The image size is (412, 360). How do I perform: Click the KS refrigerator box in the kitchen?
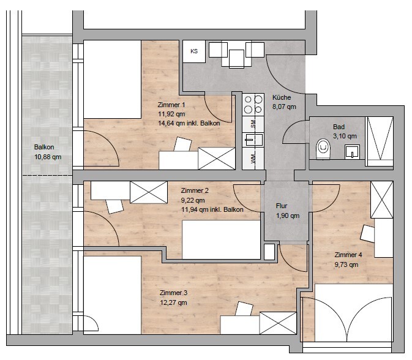(x=194, y=51)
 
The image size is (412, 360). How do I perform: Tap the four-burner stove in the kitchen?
(x=253, y=104)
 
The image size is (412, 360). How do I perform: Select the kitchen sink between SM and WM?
(x=253, y=140)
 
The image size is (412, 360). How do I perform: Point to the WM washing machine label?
(x=253, y=159)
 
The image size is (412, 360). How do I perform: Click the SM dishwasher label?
(x=253, y=124)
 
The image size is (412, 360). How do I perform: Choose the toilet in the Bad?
(x=323, y=149)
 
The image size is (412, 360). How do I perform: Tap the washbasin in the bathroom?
(x=352, y=152)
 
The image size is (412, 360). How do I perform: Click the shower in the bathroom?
(x=380, y=141)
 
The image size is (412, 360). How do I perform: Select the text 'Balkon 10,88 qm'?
(x=48, y=152)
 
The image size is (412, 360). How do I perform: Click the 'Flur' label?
(x=282, y=206)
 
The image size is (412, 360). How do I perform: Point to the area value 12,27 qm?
(x=173, y=302)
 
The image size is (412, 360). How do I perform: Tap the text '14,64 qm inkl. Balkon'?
(x=189, y=123)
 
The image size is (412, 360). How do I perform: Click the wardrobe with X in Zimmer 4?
(x=382, y=200)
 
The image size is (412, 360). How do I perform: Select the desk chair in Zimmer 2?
(x=114, y=206)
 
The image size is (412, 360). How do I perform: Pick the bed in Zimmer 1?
(x=113, y=80)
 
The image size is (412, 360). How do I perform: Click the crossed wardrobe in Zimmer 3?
(x=278, y=323)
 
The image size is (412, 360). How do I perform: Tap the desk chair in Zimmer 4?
(x=367, y=233)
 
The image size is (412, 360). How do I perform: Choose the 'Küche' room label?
(x=282, y=97)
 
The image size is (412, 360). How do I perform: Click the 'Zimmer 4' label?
(x=348, y=255)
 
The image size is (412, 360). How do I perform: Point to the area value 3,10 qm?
(x=345, y=136)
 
